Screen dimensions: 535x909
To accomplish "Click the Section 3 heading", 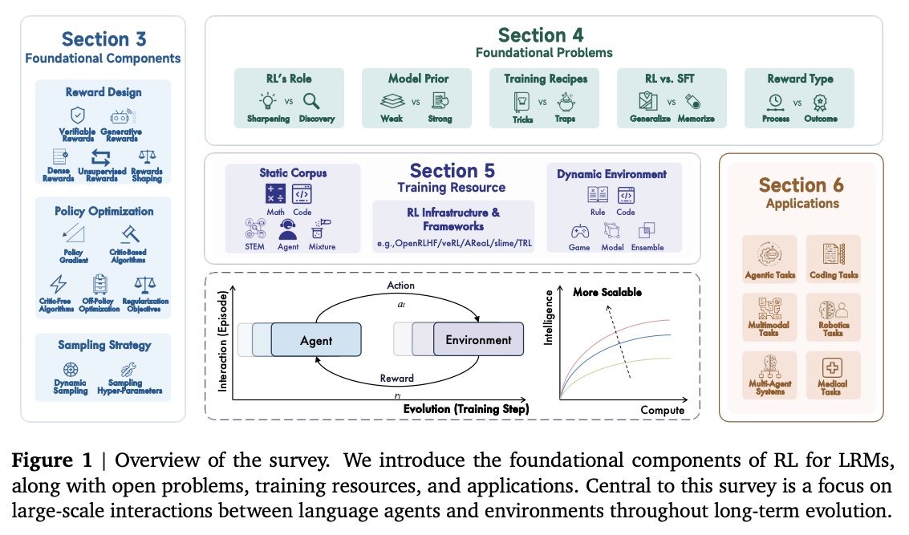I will coord(103,39).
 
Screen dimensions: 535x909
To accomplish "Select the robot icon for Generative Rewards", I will coord(123,117).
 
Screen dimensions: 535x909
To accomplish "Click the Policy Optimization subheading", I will coord(104,212).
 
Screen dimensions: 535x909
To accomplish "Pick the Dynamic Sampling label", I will coord(71,387).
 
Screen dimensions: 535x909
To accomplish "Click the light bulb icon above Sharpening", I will coord(267,101).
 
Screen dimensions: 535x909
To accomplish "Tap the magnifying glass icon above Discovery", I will coord(311,101).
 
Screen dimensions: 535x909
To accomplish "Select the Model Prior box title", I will coord(418,79).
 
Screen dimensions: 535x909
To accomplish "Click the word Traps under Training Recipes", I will coord(565,119).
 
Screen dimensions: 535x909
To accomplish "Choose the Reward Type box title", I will coord(799,79).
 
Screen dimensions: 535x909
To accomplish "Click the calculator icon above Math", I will coord(276,193).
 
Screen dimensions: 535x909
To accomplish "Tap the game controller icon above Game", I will coord(579,230).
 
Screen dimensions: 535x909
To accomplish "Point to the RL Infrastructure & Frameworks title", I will coord(454,219).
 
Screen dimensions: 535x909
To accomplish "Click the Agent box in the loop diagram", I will coord(316,340).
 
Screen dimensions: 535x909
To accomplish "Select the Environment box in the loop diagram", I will coord(478,340).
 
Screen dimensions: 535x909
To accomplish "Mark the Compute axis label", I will coord(662,411).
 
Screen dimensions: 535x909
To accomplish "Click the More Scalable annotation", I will coord(607,292).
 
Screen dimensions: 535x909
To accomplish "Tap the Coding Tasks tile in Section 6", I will coord(834,257).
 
